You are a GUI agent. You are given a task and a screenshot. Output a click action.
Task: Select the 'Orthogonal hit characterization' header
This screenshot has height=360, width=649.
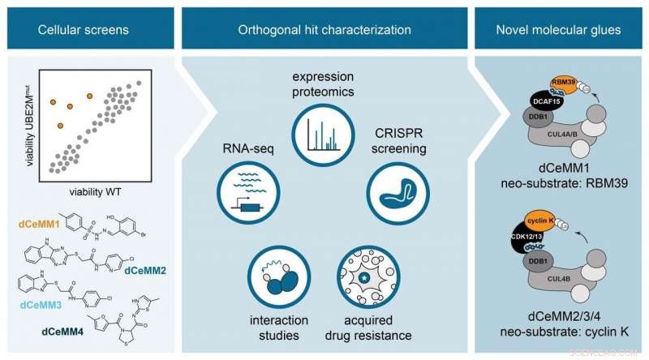click(x=324, y=30)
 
